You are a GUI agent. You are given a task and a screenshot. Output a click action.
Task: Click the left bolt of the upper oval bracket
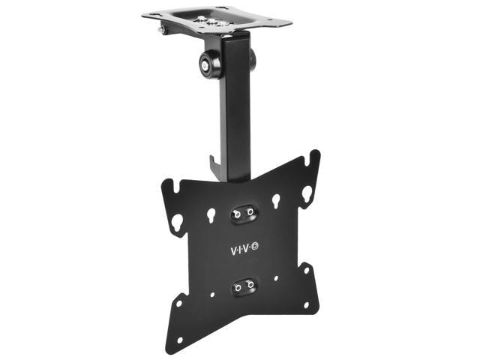(237, 214)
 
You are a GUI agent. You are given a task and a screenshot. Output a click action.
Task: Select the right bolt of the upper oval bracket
(249, 213)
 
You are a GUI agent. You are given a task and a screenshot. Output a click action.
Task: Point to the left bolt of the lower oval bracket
(237, 286)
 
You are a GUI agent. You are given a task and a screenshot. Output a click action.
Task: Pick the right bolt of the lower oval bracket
(250, 285)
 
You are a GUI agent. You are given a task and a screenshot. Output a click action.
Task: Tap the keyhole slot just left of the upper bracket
(211, 215)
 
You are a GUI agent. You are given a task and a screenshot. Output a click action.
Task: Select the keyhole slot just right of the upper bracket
(276, 201)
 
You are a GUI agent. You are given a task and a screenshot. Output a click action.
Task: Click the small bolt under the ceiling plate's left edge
(161, 30)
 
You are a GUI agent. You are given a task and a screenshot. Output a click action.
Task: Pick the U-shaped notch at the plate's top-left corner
(169, 184)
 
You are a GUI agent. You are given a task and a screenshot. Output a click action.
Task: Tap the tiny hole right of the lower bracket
(276, 278)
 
